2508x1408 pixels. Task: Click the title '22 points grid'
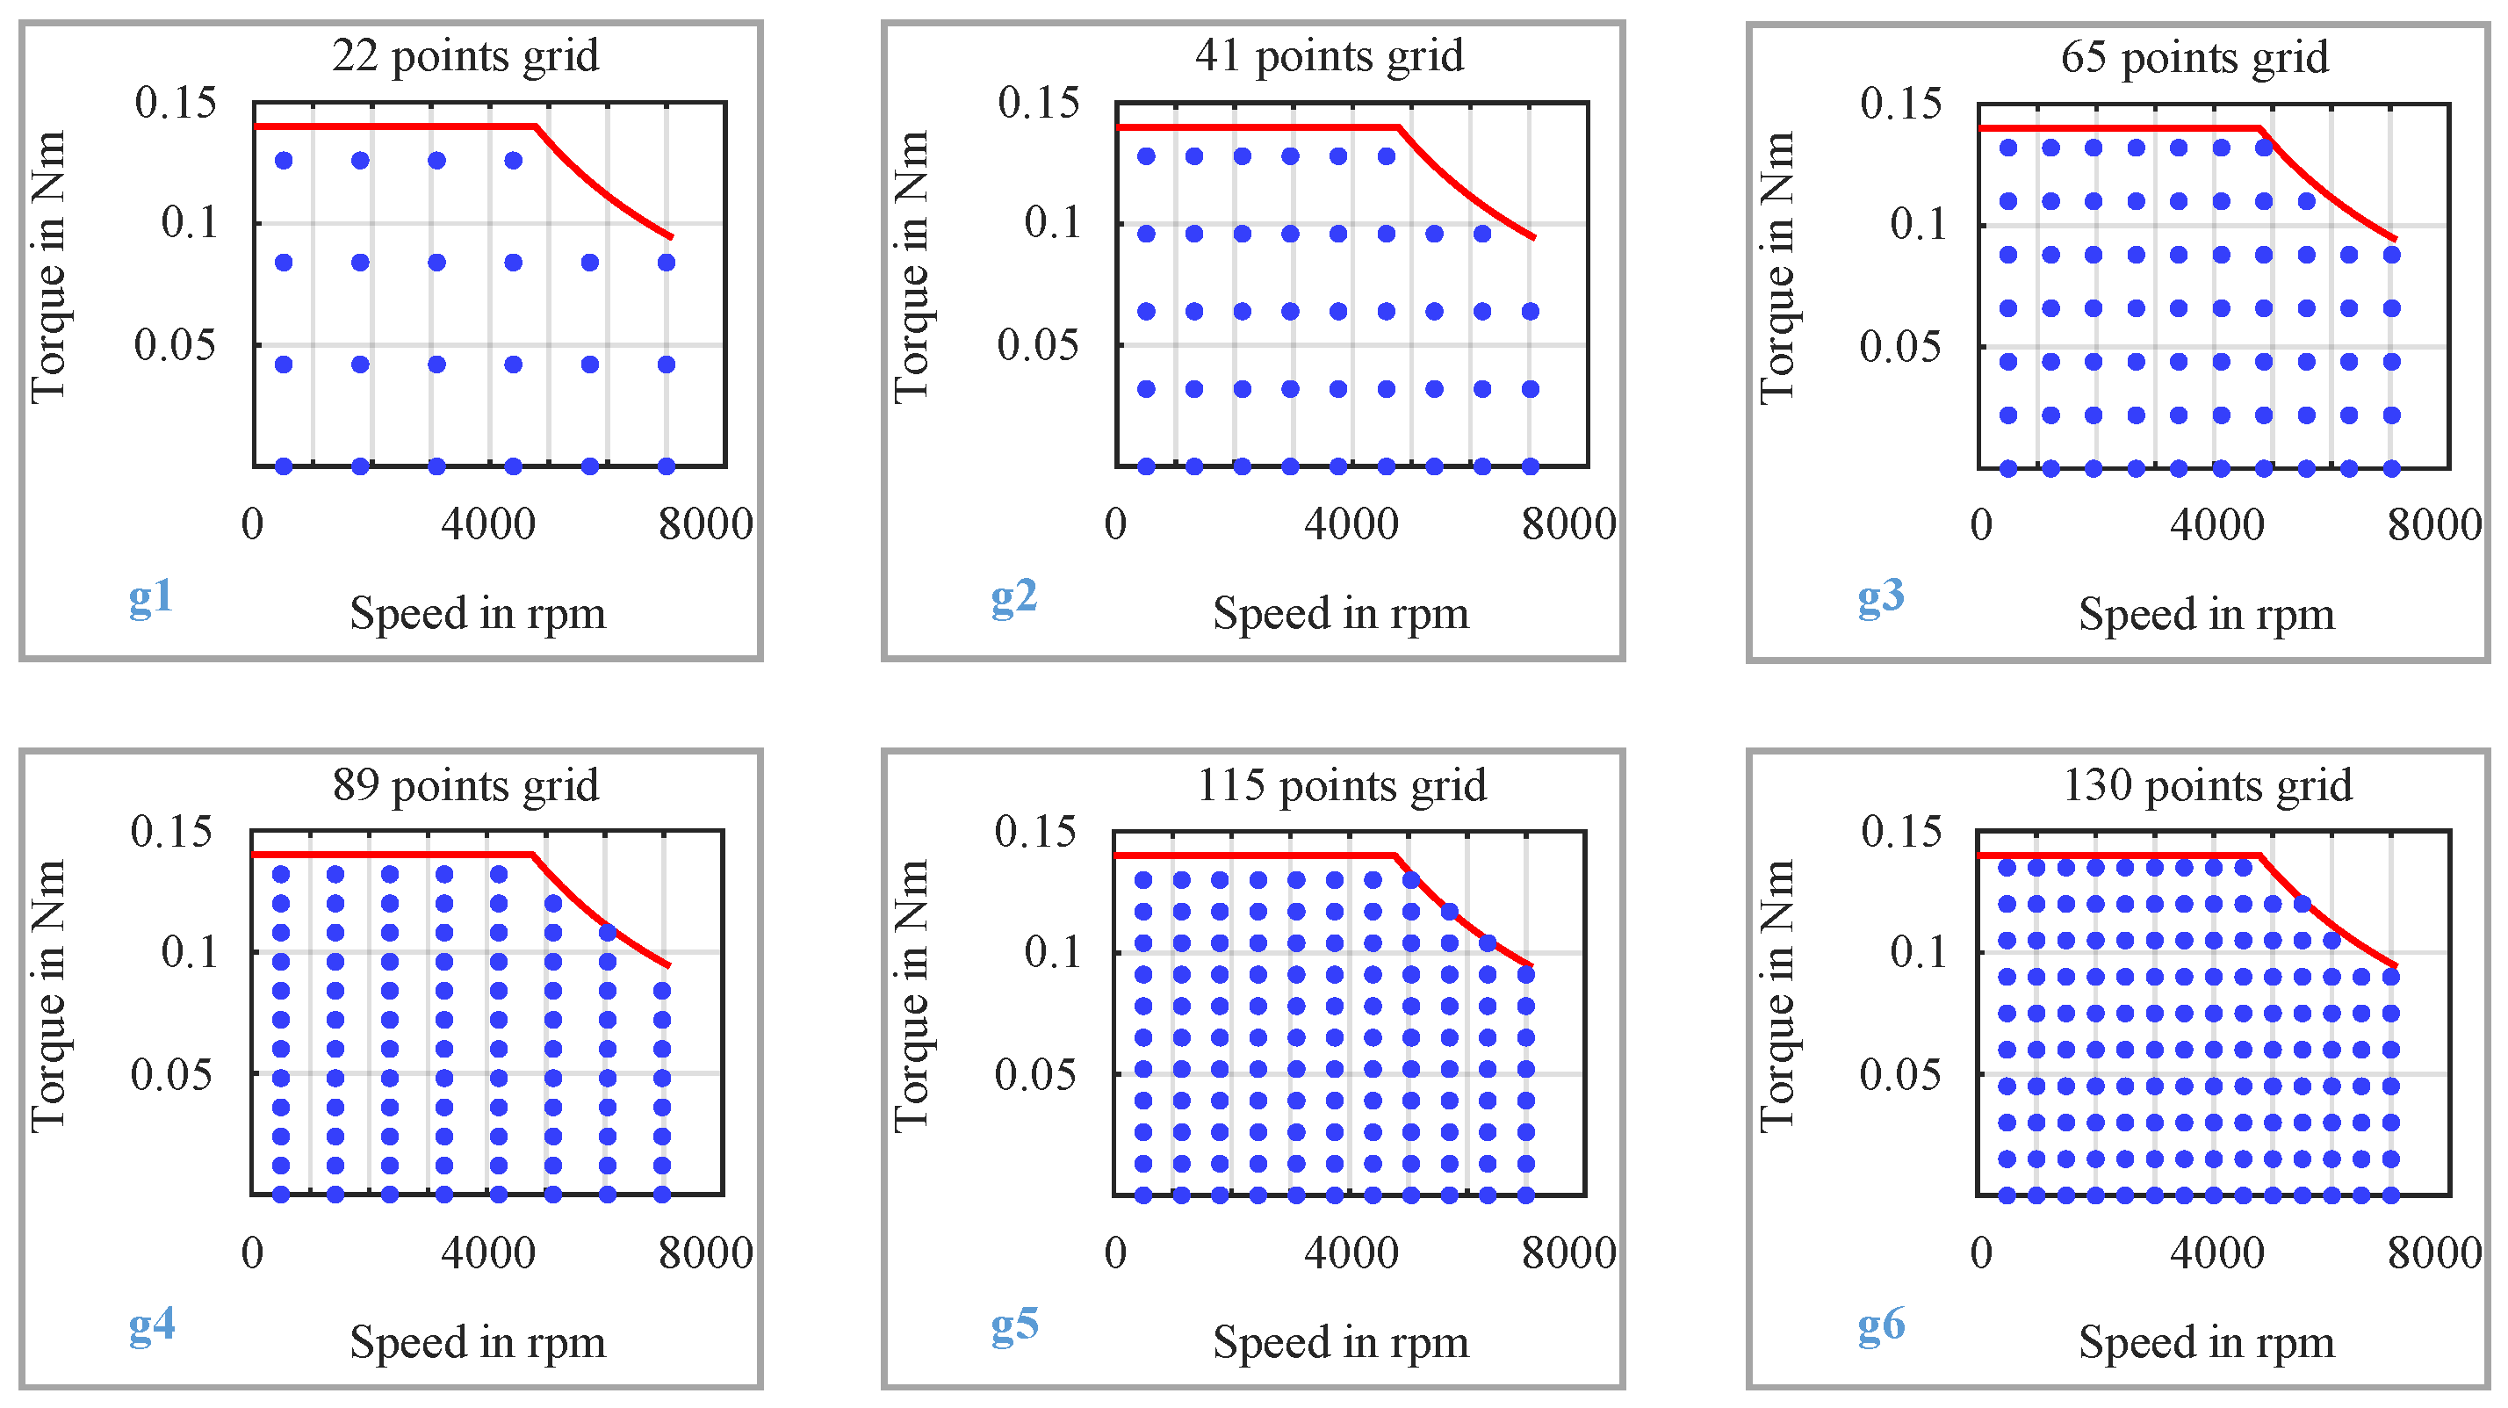pyautogui.click(x=465, y=55)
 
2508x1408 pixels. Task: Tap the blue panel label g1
pyautogui.click(x=151, y=596)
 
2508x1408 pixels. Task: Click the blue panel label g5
pyautogui.click(x=1014, y=1325)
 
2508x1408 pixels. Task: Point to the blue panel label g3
pyautogui.click(x=1880, y=596)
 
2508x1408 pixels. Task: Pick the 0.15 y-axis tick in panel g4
pyautogui.click(x=171, y=832)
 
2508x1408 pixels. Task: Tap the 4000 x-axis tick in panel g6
pyautogui.click(x=2216, y=1253)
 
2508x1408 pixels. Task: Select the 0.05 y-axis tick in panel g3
pyautogui.click(x=1899, y=347)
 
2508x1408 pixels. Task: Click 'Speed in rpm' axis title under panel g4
pyautogui.click(x=477, y=1342)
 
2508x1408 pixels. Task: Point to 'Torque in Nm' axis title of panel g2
pyautogui.click(x=912, y=267)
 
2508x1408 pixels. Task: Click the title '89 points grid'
pyautogui.click(x=465, y=785)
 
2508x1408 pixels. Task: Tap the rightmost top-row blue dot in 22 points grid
pyautogui.click(x=513, y=161)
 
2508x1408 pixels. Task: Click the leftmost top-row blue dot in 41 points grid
pyautogui.click(x=1146, y=156)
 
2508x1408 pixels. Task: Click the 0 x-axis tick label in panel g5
pyautogui.click(x=1116, y=1253)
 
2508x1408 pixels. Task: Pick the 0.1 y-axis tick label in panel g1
pyautogui.click(x=189, y=223)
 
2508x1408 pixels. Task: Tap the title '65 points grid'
pyautogui.click(x=2194, y=57)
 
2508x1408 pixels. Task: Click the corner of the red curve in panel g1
pyautogui.click(x=536, y=126)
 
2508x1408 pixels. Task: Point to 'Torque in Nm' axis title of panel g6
pyautogui.click(x=1776, y=995)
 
